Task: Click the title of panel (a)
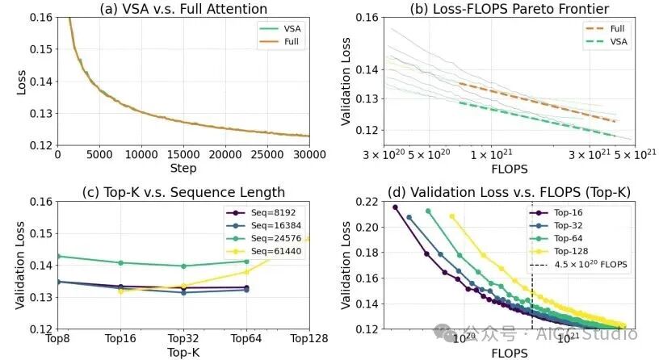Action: point(183,9)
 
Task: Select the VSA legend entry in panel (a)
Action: point(280,28)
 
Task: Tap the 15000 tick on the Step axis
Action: point(183,155)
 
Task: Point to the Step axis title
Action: point(183,168)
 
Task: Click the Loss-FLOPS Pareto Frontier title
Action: point(509,9)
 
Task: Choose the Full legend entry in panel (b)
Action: point(606,28)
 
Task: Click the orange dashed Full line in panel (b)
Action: point(538,102)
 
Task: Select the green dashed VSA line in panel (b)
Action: point(538,119)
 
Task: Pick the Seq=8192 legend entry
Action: point(262,212)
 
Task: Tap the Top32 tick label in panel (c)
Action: point(183,338)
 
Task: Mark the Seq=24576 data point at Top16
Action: point(121,263)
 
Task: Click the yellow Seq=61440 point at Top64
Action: point(246,272)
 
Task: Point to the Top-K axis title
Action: point(183,352)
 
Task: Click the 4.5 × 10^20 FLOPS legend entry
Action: point(579,265)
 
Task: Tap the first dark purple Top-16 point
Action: point(395,207)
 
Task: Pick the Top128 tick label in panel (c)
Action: point(309,338)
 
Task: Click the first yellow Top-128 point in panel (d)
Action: point(452,217)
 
